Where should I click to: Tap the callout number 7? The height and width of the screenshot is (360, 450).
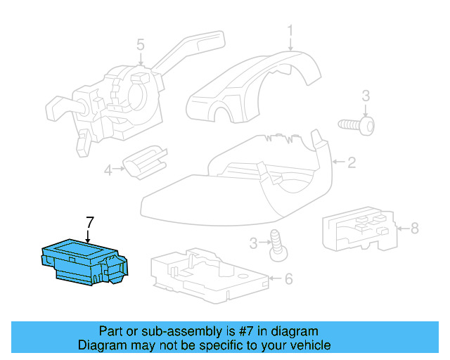click(x=89, y=223)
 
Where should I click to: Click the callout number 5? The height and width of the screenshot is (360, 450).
click(x=141, y=46)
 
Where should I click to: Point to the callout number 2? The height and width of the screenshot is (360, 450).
click(x=352, y=163)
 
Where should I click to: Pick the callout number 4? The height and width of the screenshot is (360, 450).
click(x=108, y=169)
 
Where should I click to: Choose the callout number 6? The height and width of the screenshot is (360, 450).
click(x=288, y=279)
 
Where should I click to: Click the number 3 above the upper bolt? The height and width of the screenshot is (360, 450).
click(x=366, y=96)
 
